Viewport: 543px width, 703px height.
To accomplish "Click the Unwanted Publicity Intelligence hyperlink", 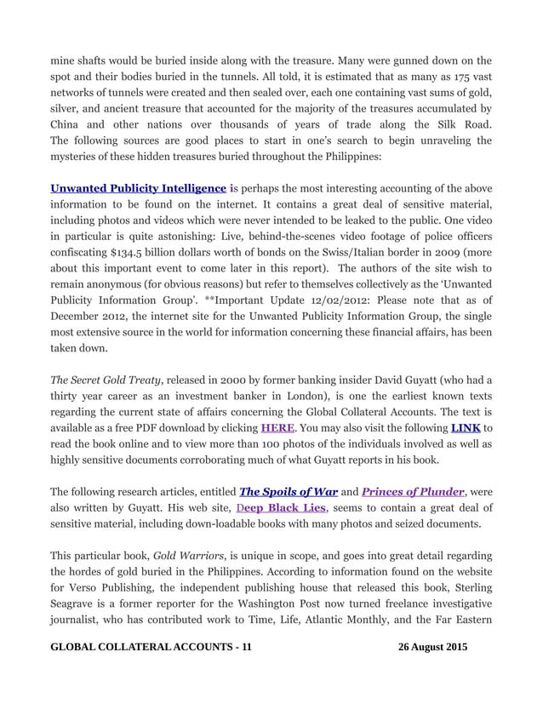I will click(x=138, y=188).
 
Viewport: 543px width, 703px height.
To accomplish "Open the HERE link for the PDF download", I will click(x=277, y=427).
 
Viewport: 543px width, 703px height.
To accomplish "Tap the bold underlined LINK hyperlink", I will click(x=465, y=427).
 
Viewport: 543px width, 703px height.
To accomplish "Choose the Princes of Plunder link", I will click(x=413, y=492).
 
